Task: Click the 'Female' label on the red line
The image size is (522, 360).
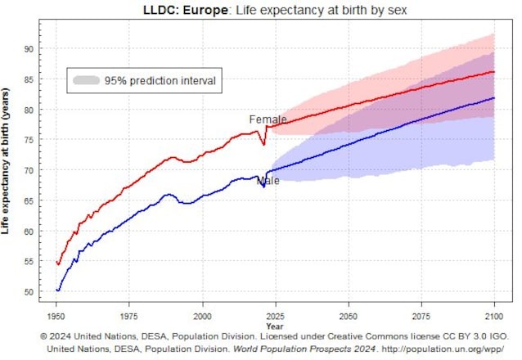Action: (x=268, y=119)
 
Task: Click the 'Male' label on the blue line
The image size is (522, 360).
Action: (x=268, y=181)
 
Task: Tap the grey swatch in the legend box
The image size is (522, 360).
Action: (x=86, y=81)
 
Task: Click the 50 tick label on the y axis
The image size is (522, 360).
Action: (x=27, y=292)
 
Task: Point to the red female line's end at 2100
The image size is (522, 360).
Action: (x=493, y=72)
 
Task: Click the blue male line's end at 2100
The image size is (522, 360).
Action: (x=493, y=98)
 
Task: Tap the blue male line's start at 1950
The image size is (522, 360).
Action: (x=56, y=290)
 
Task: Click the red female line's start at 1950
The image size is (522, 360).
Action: (x=56, y=263)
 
